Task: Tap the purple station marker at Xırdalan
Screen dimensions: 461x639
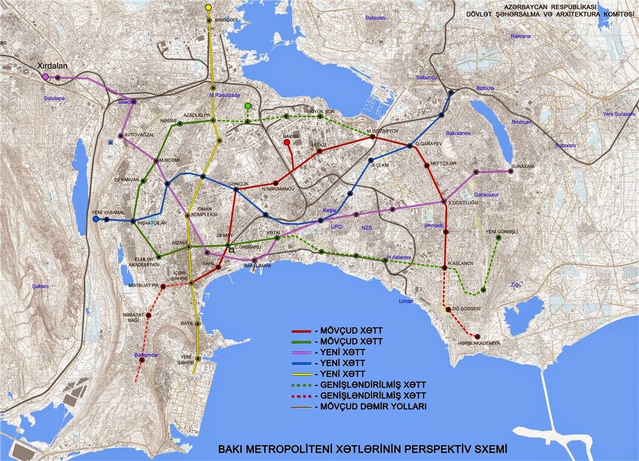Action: (x=45, y=77)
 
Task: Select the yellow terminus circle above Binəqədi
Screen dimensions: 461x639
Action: (x=209, y=8)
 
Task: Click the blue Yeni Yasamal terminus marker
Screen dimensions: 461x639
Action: (x=95, y=220)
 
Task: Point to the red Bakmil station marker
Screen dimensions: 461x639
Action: (x=287, y=142)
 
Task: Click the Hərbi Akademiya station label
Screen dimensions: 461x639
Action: (x=480, y=343)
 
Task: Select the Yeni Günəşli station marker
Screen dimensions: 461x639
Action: (x=498, y=237)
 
